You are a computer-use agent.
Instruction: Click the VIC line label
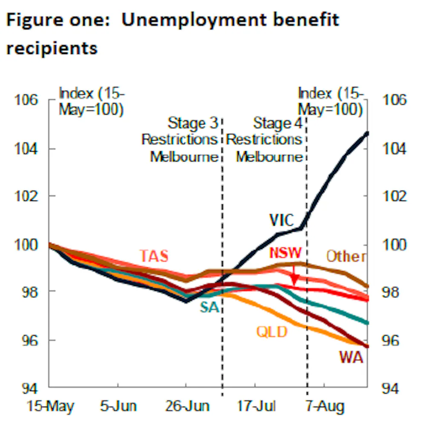click(282, 220)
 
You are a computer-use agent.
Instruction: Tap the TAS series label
click(154, 256)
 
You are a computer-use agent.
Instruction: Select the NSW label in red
click(285, 253)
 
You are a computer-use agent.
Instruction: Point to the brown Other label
click(345, 256)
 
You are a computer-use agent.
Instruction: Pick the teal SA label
click(209, 307)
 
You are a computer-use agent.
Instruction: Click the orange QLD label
click(272, 331)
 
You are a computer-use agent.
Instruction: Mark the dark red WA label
click(351, 357)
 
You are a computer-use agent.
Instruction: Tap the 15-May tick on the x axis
click(50, 406)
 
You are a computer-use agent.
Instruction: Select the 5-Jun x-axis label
click(118, 406)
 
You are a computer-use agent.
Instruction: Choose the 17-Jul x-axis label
click(256, 406)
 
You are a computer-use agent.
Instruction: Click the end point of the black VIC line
click(368, 133)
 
